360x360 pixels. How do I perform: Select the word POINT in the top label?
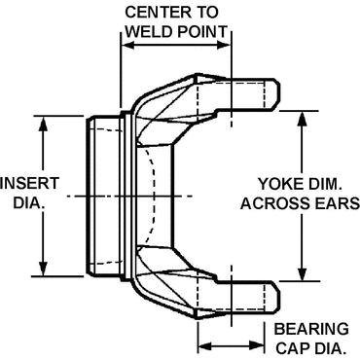tap(202, 31)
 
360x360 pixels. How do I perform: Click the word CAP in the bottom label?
tap(292, 347)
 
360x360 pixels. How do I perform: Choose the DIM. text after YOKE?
tap(329, 182)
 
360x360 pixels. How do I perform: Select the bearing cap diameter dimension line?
tap(232, 344)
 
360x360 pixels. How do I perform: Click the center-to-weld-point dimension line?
tap(175, 45)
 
